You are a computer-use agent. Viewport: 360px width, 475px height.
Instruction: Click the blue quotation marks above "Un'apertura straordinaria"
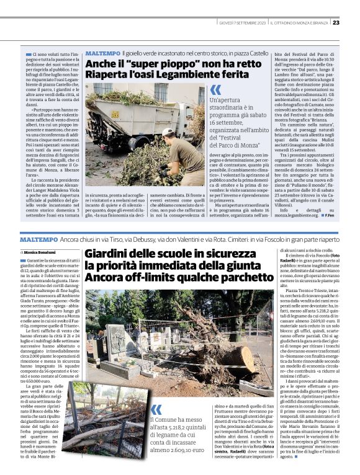point(215,90)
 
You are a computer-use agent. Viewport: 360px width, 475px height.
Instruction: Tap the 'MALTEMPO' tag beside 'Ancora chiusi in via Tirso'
point(39,239)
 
